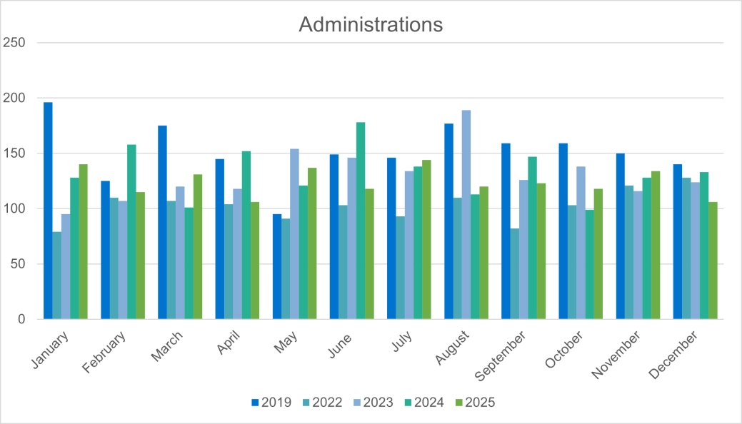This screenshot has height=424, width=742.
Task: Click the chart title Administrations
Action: click(371, 24)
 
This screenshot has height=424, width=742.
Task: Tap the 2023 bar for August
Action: click(466, 214)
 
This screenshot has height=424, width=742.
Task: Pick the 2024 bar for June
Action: click(361, 221)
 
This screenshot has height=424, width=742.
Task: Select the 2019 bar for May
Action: click(277, 266)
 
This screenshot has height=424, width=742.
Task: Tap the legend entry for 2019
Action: click(271, 403)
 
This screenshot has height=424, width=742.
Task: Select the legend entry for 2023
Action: click(373, 403)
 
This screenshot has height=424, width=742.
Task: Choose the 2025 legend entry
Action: click(474, 403)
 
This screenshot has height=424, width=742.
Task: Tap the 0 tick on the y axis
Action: click(21, 319)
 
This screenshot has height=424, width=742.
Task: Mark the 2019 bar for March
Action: click(162, 222)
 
